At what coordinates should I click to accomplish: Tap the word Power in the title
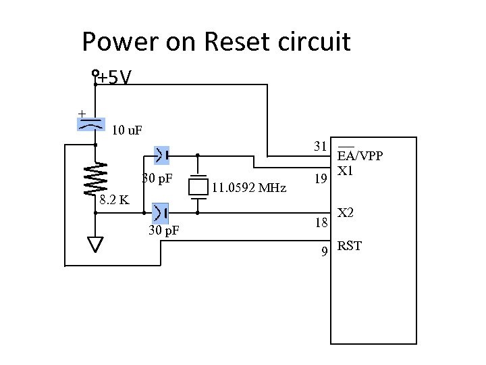click(x=119, y=42)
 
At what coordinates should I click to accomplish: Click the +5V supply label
click(x=114, y=79)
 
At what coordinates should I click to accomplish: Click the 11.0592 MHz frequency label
click(x=248, y=187)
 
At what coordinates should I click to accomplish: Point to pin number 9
click(x=325, y=252)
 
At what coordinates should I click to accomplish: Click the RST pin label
click(x=350, y=245)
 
